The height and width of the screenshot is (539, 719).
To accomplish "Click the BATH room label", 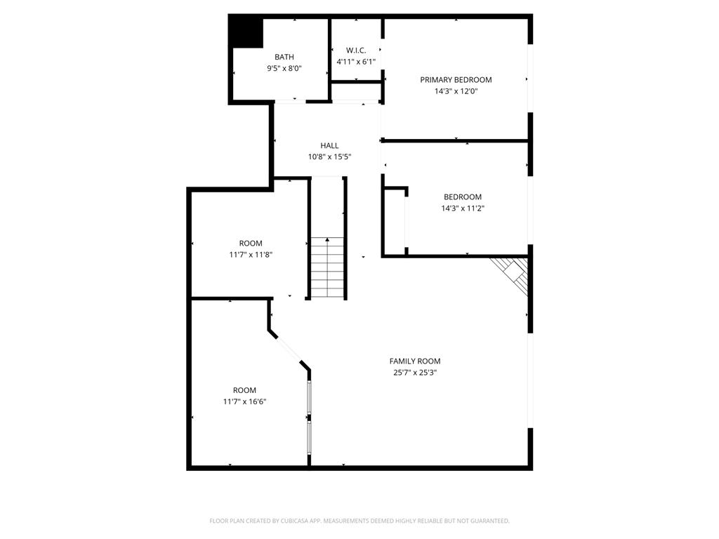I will click(284, 57).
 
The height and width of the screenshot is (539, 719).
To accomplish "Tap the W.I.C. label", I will click(356, 51).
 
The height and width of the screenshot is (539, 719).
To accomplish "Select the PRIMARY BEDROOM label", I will click(456, 80).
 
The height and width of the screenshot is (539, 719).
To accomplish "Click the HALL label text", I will click(329, 145).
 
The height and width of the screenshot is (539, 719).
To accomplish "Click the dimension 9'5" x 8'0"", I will click(284, 68).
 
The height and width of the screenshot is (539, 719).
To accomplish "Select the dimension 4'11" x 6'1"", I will click(356, 62).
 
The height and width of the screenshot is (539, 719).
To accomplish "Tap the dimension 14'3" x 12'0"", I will click(456, 91).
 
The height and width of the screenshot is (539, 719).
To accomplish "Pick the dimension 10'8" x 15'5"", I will click(329, 157).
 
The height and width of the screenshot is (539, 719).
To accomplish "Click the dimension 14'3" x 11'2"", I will click(463, 208).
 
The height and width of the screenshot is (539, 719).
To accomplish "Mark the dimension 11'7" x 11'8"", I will click(251, 255).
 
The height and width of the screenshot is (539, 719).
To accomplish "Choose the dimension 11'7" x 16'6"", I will click(245, 401).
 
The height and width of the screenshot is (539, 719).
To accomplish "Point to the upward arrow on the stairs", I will click(328, 243).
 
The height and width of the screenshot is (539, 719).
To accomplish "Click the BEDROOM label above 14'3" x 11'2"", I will click(463, 197).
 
